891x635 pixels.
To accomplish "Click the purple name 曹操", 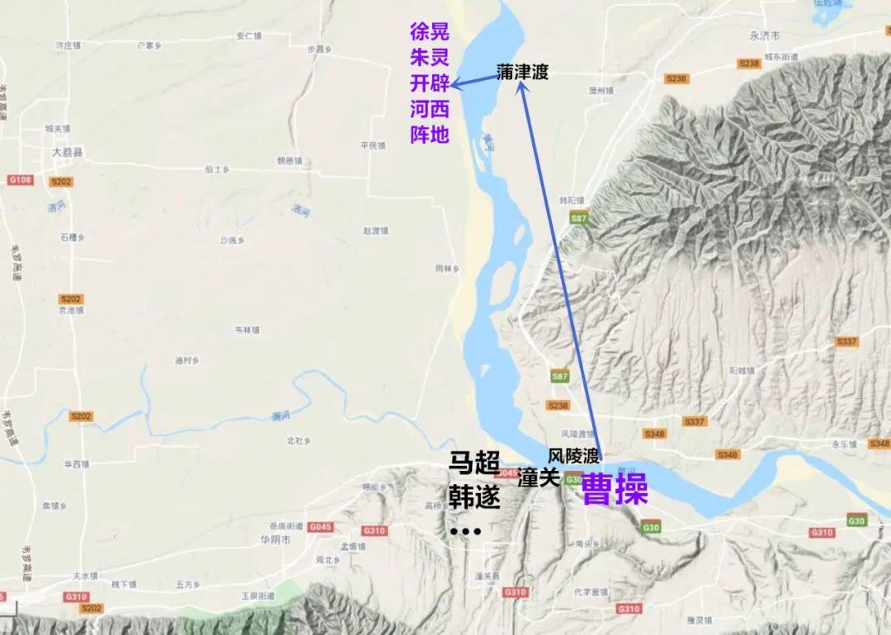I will (x=615, y=491).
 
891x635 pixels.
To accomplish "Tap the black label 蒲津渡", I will (x=522, y=73).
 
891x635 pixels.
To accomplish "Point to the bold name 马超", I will (x=474, y=463).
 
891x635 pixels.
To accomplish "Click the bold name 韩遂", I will (x=474, y=497).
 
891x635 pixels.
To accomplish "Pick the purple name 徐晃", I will (x=430, y=32).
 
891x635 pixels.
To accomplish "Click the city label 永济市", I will (x=764, y=37).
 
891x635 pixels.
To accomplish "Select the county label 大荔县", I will (x=67, y=153).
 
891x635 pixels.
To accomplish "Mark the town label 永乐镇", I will (x=844, y=444).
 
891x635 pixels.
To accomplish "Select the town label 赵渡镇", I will (x=375, y=231).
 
